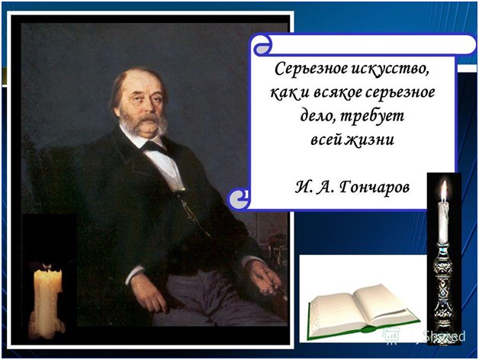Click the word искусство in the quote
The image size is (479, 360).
389,69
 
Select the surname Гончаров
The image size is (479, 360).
375,186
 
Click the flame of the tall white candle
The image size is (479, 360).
444,190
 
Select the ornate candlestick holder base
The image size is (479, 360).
443,294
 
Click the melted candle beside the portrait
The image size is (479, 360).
47,301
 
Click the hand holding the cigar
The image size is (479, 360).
263,278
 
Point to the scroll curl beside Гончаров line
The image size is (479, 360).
239,199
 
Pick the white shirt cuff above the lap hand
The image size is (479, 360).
134,273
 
